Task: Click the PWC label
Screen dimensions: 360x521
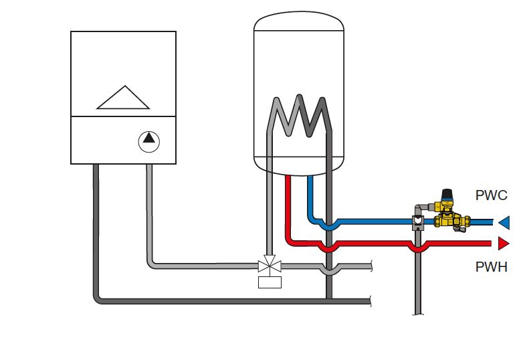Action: (x=491, y=197)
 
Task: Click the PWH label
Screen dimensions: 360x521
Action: (x=491, y=268)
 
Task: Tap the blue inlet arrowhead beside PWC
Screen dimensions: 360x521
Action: (x=504, y=221)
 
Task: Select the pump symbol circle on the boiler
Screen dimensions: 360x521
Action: (x=149, y=141)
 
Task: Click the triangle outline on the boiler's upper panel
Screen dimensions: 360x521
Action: (x=123, y=97)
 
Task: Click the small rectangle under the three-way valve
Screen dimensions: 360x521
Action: (x=270, y=282)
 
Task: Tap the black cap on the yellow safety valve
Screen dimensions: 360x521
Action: (x=449, y=193)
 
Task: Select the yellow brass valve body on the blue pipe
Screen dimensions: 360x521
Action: (x=447, y=219)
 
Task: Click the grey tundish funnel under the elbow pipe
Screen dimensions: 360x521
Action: (x=418, y=221)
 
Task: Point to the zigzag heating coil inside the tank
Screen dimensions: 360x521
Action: (x=299, y=117)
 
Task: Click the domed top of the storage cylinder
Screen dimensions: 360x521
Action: (x=299, y=23)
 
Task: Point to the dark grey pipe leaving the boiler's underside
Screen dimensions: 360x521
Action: (x=97, y=201)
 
